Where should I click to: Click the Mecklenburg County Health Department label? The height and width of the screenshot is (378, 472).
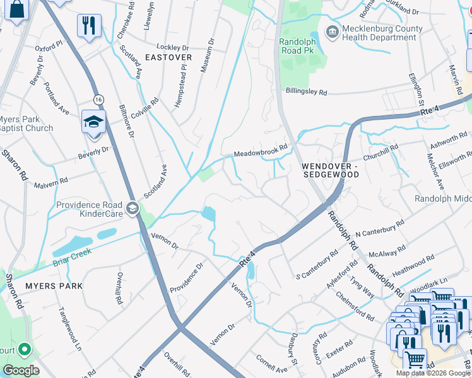tap(379, 33)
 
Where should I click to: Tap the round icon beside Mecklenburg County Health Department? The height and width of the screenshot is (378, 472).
tap(332, 31)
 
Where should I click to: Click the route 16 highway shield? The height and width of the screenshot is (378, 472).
tap(98, 100)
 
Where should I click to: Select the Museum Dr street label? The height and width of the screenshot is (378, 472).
tap(207, 55)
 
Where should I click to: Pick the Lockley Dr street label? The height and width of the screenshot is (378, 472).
tap(172, 47)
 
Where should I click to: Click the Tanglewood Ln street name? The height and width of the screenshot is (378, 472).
tap(70, 329)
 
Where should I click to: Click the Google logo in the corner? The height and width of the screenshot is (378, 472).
tap(21, 370)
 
